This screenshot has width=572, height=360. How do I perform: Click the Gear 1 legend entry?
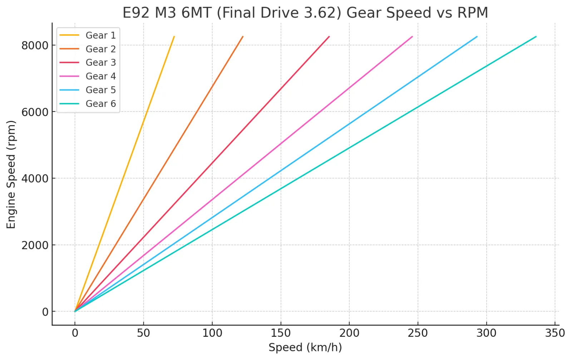pyautogui.click(x=88, y=35)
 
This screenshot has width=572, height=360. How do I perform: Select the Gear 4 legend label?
pyautogui.click(x=100, y=76)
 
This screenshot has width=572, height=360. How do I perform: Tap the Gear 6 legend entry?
pyautogui.click(x=88, y=104)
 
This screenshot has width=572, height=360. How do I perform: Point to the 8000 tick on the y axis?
pyautogui.click(x=35, y=45)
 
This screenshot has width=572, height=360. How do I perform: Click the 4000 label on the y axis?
pyautogui.click(x=35, y=178)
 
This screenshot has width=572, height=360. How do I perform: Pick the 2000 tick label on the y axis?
pyautogui.click(x=35, y=245)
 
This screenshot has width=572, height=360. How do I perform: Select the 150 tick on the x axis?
pyautogui.click(x=281, y=333)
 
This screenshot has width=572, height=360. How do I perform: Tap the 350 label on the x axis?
pyautogui.click(x=555, y=333)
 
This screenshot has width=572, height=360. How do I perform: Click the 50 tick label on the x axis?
pyautogui.click(x=143, y=333)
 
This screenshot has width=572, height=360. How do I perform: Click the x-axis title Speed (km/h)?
pyautogui.click(x=305, y=347)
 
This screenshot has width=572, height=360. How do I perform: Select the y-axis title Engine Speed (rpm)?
pyautogui.click(x=11, y=175)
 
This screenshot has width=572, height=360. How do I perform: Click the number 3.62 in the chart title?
pyautogui.click(x=323, y=13)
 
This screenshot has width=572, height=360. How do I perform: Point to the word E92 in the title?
pyautogui.click(x=135, y=13)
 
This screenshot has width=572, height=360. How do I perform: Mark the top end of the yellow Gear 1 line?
pyautogui.click(x=174, y=36)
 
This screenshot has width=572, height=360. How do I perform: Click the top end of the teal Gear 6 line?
pyautogui.click(x=536, y=37)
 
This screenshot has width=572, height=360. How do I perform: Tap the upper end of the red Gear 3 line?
pyautogui.click(x=329, y=36)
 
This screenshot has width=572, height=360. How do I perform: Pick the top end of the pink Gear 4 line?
pyautogui.click(x=413, y=36)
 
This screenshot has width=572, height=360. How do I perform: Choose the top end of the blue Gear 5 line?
pyautogui.click(x=477, y=36)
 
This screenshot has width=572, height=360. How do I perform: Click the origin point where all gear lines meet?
pyautogui.click(x=75, y=311)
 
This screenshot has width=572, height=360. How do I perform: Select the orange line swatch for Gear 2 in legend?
pyautogui.click(x=69, y=49)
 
